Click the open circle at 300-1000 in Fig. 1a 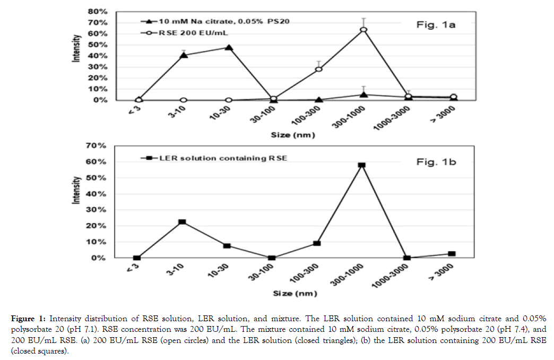[x=363, y=29]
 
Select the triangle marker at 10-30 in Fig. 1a [x=229, y=48]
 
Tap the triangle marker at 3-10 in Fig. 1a [x=184, y=55]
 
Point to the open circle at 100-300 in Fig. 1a [x=318, y=69]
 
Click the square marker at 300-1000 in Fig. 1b [x=362, y=165]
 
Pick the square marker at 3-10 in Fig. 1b [x=183, y=222]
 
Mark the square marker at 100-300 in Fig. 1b [x=317, y=243]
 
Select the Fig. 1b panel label [x=435, y=162]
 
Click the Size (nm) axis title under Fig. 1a [x=293, y=135]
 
